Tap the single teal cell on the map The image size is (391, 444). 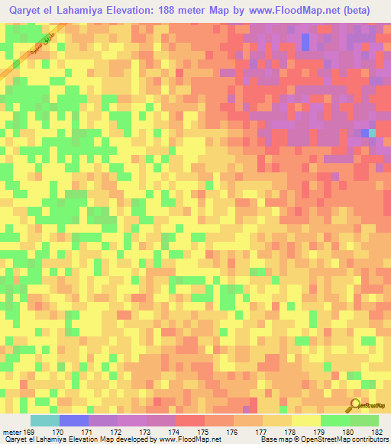click(373, 133)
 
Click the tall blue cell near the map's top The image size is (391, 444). click(305, 42)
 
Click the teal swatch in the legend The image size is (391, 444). click(45, 420)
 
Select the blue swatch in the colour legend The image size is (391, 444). click(74, 420)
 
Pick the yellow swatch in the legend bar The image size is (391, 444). click(306, 420)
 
